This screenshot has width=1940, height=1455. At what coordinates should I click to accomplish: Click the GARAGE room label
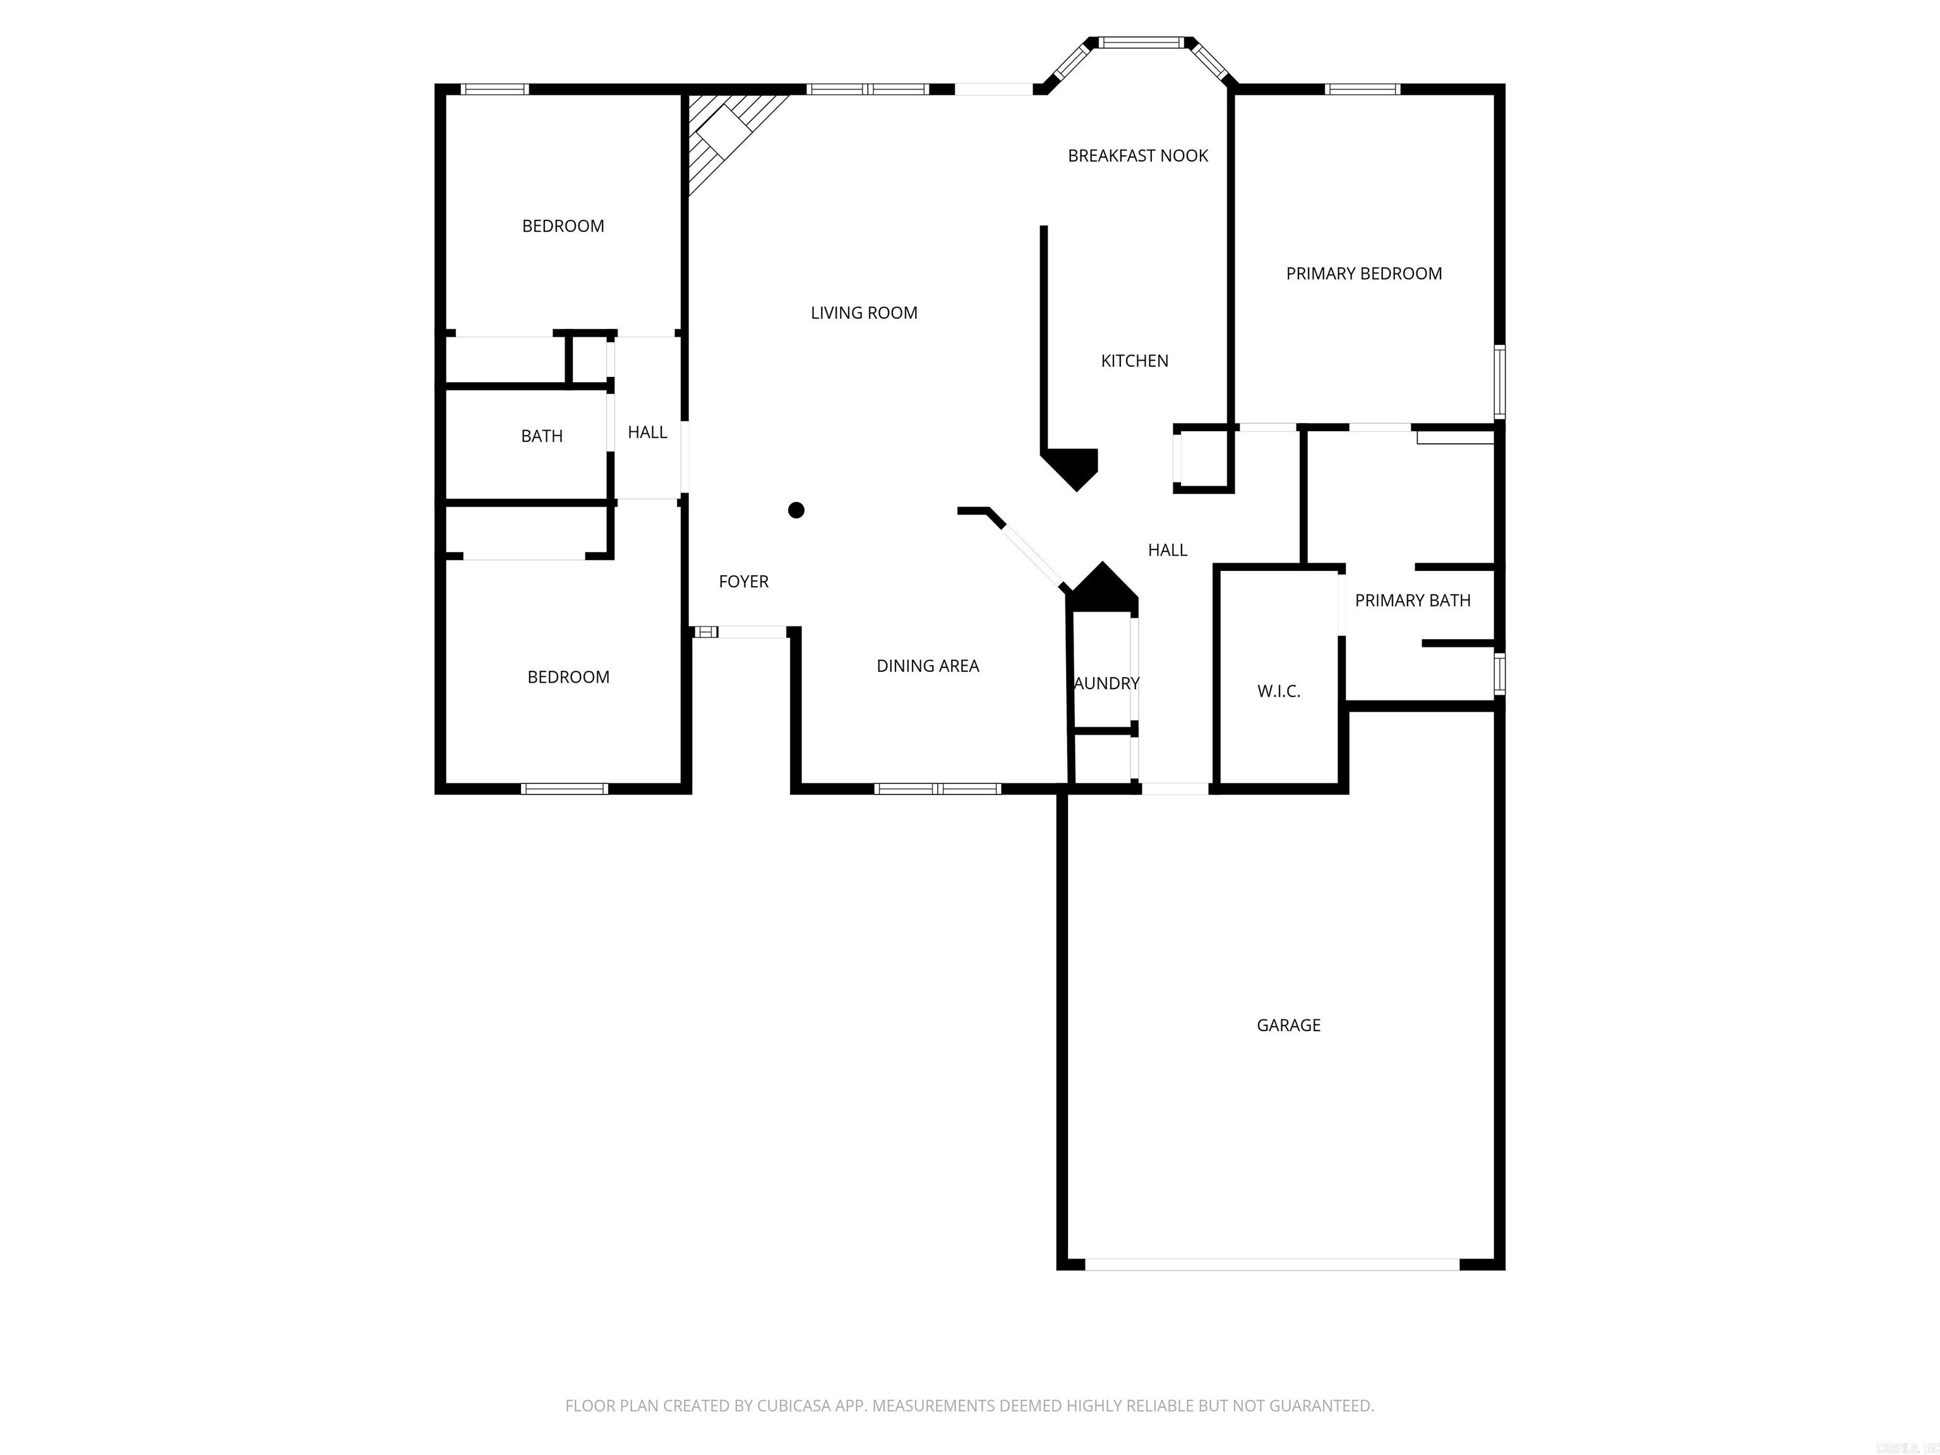tap(1288, 1024)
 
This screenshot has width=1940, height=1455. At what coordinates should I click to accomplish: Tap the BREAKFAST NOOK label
tap(1137, 155)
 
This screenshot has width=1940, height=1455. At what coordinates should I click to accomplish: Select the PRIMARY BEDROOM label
tap(1363, 273)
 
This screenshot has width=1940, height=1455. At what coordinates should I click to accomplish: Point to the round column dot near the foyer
tap(796, 510)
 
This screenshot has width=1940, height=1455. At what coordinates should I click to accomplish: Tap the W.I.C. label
tap(1278, 691)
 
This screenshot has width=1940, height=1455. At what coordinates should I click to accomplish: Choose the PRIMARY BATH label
tap(1412, 600)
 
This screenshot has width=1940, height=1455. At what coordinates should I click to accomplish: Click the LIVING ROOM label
tap(863, 312)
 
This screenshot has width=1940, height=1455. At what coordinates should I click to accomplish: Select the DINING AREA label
tap(927, 666)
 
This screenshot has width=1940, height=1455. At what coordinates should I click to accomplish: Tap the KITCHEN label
tap(1134, 361)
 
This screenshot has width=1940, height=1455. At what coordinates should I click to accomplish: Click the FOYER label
tap(743, 580)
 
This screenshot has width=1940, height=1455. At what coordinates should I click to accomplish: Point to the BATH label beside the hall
tap(541, 436)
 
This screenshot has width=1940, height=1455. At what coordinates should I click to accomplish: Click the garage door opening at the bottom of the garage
tap(1272, 1264)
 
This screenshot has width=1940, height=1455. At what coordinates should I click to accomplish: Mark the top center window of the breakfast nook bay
tap(1141, 41)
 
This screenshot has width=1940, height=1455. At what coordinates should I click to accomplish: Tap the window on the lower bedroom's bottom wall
tap(564, 789)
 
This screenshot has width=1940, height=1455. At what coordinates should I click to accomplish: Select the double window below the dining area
tap(937, 789)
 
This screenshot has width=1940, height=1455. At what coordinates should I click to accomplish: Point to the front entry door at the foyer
tap(741, 632)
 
